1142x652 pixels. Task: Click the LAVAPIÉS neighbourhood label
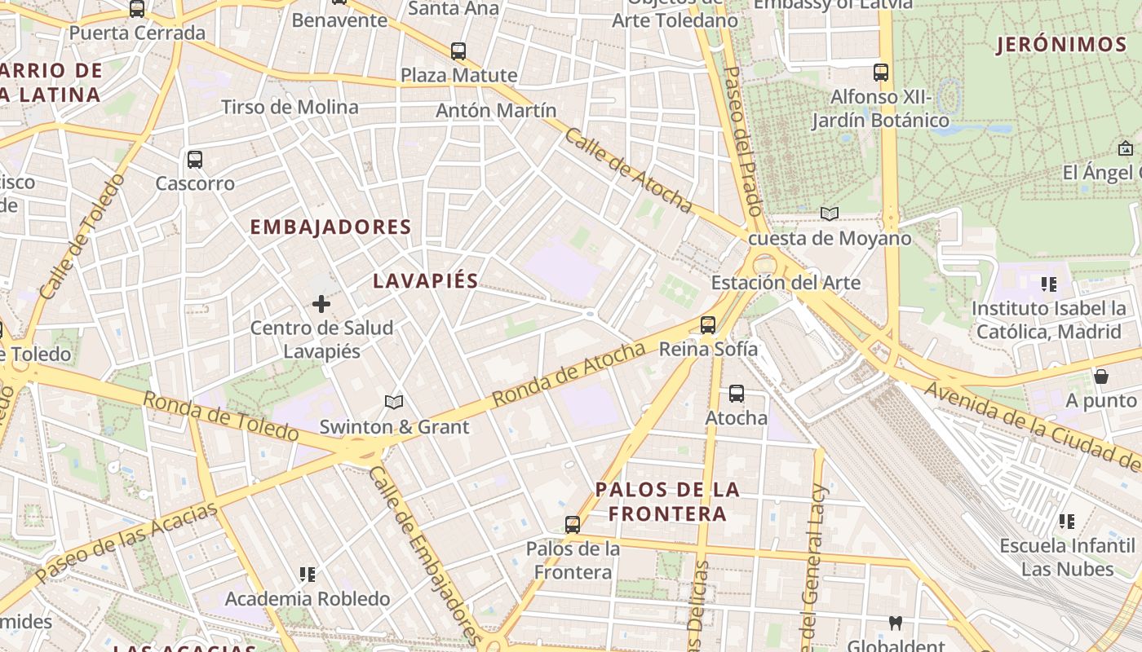tap(425, 281)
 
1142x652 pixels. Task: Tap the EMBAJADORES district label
tap(330, 227)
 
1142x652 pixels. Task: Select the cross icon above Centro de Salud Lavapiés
tap(321, 304)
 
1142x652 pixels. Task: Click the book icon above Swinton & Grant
tap(394, 402)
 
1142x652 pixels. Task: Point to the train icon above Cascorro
tap(194, 159)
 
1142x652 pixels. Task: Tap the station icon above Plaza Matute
tap(458, 51)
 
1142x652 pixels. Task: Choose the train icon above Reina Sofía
tap(708, 324)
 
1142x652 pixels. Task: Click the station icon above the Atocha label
tap(737, 394)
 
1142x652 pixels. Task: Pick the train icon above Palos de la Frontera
tap(573, 524)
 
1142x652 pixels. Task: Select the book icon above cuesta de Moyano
tap(830, 214)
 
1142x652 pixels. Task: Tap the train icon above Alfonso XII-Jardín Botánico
tap(880, 72)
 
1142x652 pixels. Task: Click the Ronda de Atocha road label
tap(569, 375)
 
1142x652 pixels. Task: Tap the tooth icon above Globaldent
tap(895, 623)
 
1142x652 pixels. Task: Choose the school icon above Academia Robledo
tap(308, 575)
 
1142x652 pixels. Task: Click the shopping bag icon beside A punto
tap(1101, 377)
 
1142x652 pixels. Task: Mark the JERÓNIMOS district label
tap(1061, 45)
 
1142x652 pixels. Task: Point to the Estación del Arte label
tap(786, 283)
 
